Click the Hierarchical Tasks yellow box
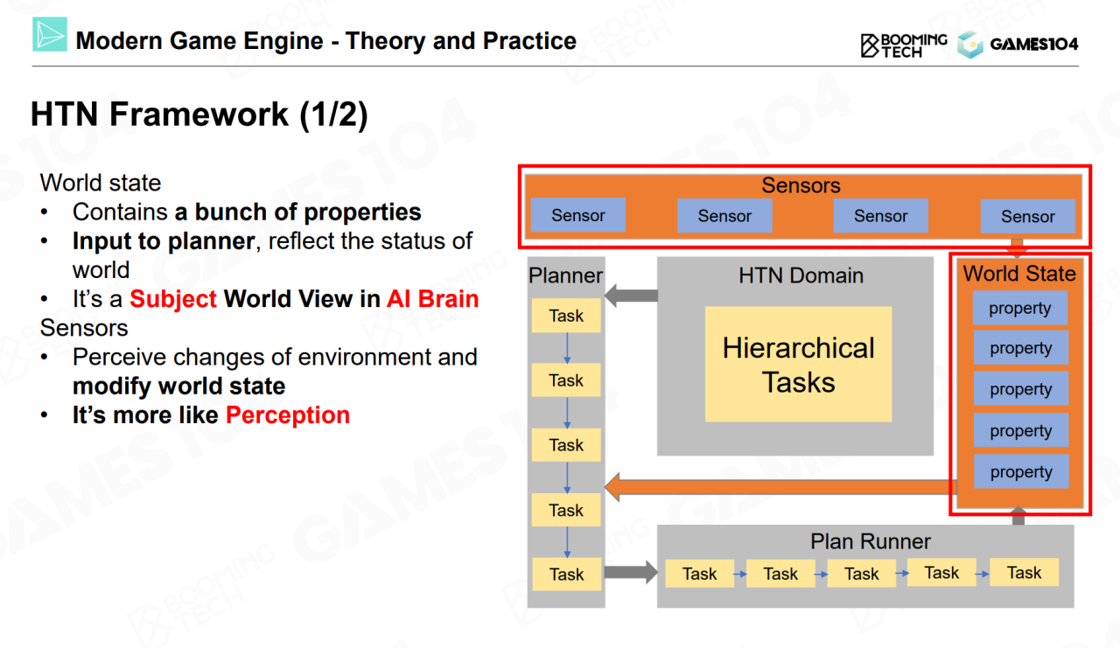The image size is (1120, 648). (799, 364)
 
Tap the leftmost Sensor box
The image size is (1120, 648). (578, 215)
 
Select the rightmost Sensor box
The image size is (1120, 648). (1027, 216)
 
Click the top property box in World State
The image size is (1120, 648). (1020, 308)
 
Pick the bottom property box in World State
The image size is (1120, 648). (1020, 472)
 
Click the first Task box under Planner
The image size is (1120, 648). (566, 316)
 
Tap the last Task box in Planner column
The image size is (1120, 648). (566, 575)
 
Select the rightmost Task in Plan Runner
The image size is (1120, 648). (1024, 573)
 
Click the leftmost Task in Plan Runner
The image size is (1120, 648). (699, 574)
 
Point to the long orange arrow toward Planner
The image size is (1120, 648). (779, 487)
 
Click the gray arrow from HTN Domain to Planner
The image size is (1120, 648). (631, 296)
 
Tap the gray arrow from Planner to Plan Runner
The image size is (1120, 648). (631, 574)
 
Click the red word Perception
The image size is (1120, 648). (288, 415)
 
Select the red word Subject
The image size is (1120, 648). (173, 299)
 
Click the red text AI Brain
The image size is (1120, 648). (432, 299)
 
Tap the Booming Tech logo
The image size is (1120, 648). (903, 45)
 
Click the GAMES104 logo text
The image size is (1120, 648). (1034, 45)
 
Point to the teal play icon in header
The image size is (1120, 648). (50, 35)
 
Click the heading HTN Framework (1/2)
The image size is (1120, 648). (199, 115)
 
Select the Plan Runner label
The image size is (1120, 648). (870, 541)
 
